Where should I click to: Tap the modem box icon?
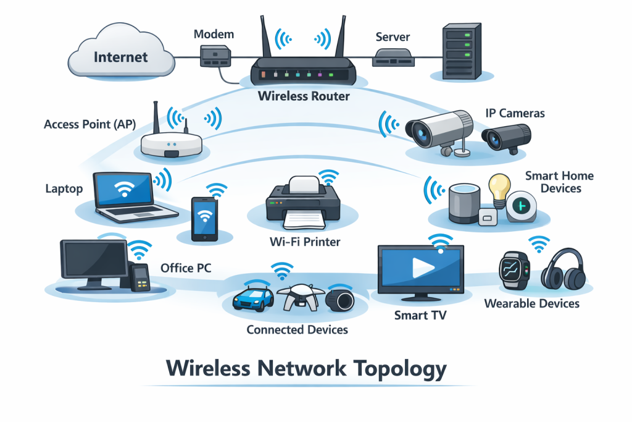(213, 57)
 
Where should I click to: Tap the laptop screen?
(125, 190)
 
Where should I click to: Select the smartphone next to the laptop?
(204, 219)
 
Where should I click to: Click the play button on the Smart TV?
(422, 266)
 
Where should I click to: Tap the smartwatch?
(513, 271)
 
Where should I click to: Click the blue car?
(253, 298)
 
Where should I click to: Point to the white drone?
(299, 296)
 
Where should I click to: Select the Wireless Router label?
(304, 96)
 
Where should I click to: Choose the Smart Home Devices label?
(559, 181)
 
